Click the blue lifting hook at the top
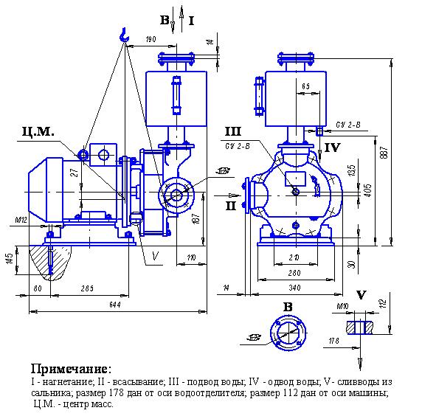123,33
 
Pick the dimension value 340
295,287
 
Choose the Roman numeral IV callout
332,148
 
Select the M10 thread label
341,305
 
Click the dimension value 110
190,259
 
